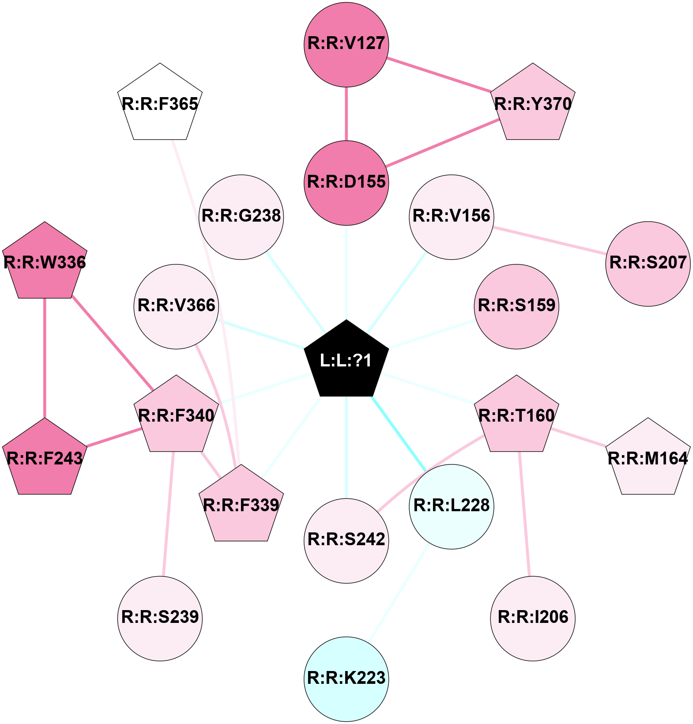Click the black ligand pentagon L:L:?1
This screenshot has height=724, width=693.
(346, 360)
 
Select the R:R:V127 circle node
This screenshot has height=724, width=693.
(346, 45)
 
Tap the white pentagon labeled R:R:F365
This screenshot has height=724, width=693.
(160, 104)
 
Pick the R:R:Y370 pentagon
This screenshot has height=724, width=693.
(533, 104)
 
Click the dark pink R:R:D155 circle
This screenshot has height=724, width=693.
(346, 183)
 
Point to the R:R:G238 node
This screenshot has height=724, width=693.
(241, 217)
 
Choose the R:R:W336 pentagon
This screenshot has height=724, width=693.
(45, 262)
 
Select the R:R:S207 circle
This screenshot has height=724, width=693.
(648, 264)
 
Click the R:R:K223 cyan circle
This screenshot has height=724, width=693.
(346, 679)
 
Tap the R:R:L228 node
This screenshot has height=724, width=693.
(452, 507)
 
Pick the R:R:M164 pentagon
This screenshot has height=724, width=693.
(648, 458)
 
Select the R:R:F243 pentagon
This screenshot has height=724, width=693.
(45, 458)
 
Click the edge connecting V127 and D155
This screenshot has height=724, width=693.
(346, 114)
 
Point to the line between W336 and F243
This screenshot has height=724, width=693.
(45, 358)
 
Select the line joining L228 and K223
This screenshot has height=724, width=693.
(399, 593)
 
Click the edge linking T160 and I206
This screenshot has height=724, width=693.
(524, 514)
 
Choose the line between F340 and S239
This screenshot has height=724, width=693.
(168, 514)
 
